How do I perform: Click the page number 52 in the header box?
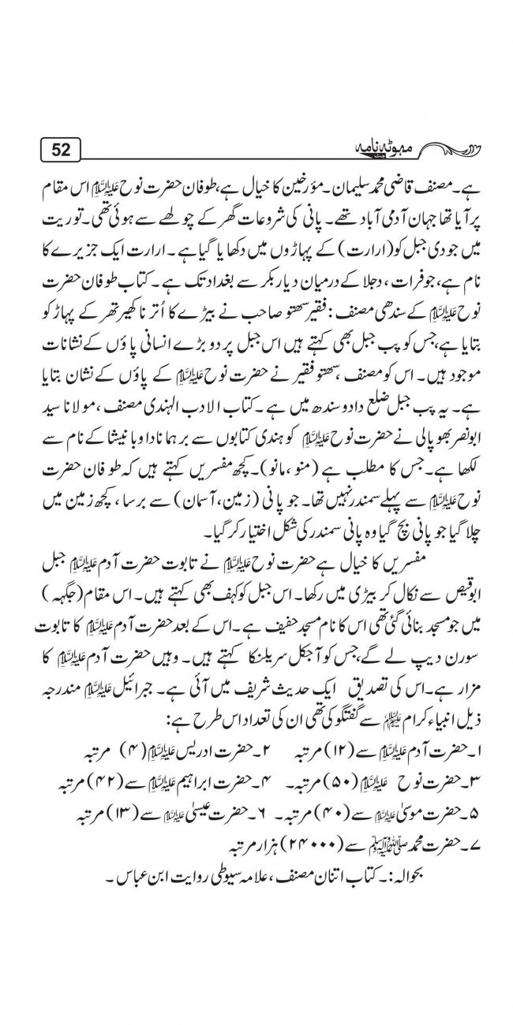[x=61, y=149]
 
